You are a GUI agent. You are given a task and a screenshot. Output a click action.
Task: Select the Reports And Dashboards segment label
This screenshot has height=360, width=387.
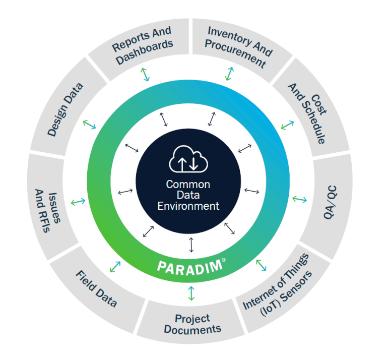pyautogui.click(x=142, y=45)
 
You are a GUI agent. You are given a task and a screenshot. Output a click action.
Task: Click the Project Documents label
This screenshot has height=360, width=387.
pyautogui.click(x=192, y=324)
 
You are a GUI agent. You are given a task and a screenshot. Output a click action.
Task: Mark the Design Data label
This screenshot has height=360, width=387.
pyautogui.click(x=65, y=109)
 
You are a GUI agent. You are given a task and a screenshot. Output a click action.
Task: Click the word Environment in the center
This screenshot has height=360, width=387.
pyautogui.click(x=188, y=206)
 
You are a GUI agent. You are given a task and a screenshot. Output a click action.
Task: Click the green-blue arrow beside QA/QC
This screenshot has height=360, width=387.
pyautogui.click(x=299, y=200)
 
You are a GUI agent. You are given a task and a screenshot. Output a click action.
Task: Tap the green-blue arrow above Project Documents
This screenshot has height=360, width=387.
pyautogui.click(x=191, y=293)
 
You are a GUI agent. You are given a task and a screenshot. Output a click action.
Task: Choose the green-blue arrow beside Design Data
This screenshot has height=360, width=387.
pyautogui.click(x=89, y=124)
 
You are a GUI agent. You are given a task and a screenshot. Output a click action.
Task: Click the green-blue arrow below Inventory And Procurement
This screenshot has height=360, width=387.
pyautogui.click(x=229, y=74)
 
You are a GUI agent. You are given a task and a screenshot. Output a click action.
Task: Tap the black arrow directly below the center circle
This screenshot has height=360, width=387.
pyautogui.click(x=191, y=244)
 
